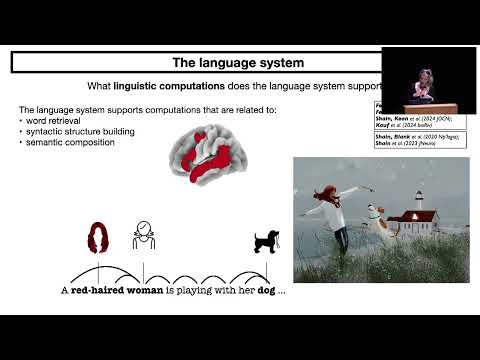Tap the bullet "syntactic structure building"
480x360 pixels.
(78, 131)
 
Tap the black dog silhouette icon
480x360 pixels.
(265, 240)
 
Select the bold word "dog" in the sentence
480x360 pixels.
(262, 290)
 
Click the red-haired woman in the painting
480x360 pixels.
(329, 220)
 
